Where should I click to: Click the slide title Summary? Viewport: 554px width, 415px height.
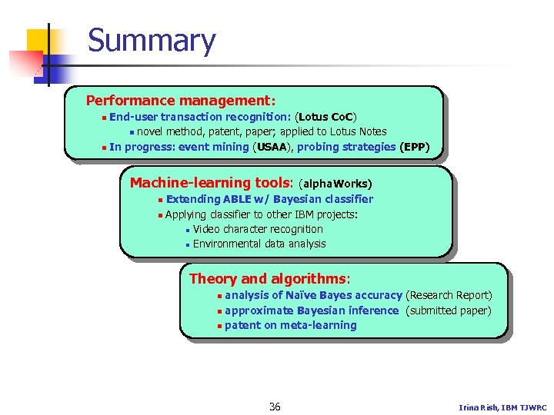point(152,41)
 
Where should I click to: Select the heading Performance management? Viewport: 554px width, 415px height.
point(181,101)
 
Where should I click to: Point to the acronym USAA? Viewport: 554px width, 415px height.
point(272,147)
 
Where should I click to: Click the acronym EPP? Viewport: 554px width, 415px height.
point(415,147)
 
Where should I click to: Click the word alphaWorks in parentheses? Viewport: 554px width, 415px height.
point(336,184)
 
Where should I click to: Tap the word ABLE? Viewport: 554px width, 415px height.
point(236,199)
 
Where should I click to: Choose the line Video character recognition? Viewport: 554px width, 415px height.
point(258,229)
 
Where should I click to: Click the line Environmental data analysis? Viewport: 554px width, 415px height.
point(259,244)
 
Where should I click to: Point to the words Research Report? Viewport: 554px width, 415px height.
point(449,295)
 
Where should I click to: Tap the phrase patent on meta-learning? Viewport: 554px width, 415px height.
point(290,325)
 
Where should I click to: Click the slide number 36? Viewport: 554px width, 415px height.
point(275,407)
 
